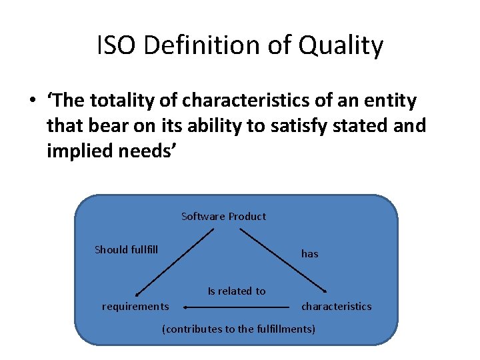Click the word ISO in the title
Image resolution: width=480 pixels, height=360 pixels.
click(x=119, y=47)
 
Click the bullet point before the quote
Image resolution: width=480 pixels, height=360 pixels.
click(x=31, y=102)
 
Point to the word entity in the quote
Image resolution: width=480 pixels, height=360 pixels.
click(x=386, y=101)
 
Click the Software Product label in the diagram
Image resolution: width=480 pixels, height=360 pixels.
click(x=223, y=216)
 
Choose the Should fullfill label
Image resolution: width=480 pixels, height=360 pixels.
click(x=126, y=249)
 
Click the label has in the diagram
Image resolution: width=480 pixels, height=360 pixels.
click(x=309, y=253)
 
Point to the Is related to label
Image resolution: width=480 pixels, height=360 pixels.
click(x=236, y=291)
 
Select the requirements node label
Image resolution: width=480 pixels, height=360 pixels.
click(x=135, y=307)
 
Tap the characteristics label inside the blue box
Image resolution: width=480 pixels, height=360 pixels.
click(x=336, y=307)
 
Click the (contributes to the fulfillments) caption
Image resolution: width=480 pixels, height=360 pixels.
click(x=239, y=329)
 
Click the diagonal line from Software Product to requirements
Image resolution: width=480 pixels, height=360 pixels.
click(x=175, y=261)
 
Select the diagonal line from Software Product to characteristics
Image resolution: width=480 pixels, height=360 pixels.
click(x=283, y=261)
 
